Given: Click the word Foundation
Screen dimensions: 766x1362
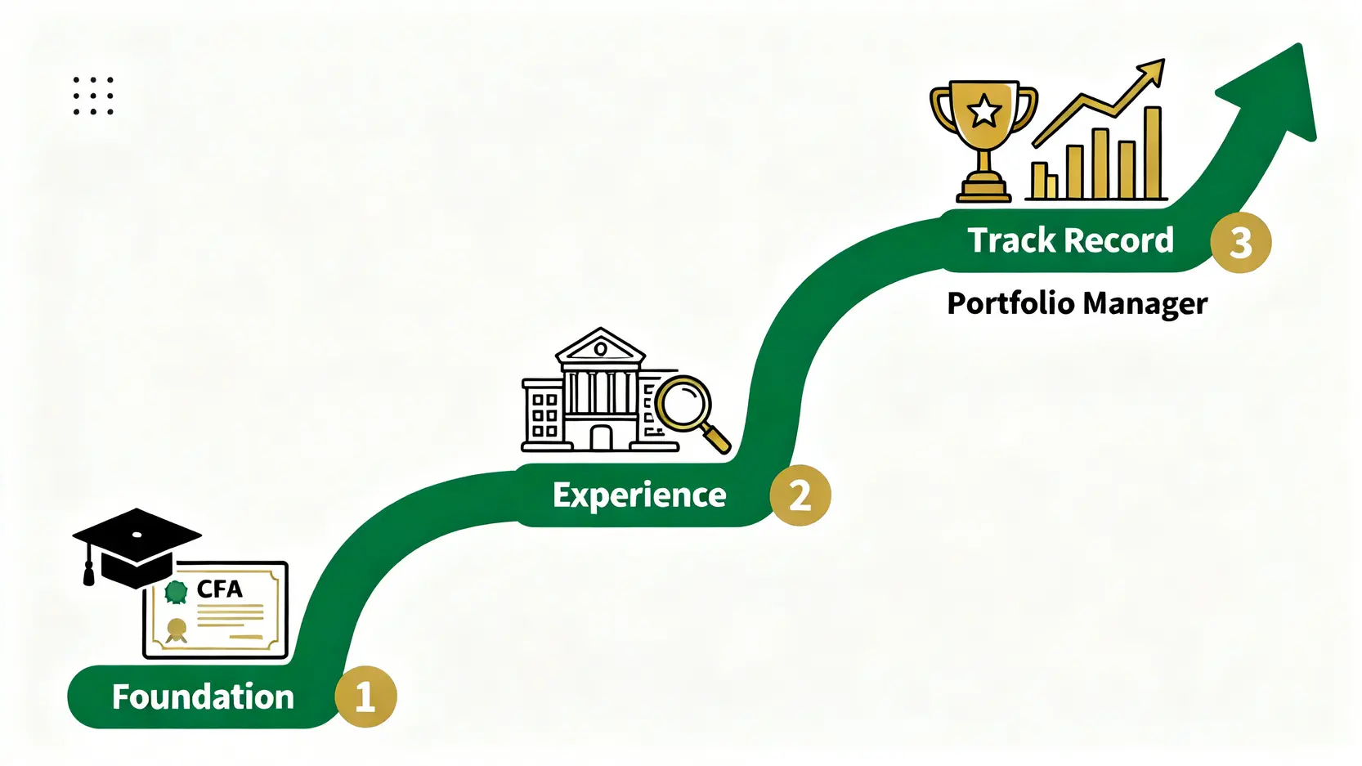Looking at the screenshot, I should (203, 697).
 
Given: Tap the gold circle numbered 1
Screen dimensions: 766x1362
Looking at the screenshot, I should (365, 697).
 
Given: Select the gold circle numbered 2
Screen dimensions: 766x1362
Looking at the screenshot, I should (800, 495).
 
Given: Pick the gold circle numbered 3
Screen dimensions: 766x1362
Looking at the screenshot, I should (1240, 242).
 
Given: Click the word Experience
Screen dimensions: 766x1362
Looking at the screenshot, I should (639, 495).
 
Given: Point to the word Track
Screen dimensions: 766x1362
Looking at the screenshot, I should (1012, 240).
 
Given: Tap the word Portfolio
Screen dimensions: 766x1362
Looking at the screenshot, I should (1010, 303).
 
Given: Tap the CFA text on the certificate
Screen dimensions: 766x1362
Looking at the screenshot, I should (219, 589).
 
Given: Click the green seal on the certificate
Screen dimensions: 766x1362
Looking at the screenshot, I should (176, 591).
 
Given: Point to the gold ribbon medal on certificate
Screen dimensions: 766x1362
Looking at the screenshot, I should (177, 629).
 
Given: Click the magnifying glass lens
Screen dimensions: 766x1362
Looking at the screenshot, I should (685, 402).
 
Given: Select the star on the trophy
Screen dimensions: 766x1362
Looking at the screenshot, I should (984, 111).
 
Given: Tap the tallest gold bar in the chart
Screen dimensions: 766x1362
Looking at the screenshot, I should (1153, 153).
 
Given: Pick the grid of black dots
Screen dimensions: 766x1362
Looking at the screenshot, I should (93, 96).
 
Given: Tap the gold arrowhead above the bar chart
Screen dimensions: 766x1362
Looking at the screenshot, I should (1151, 71).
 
